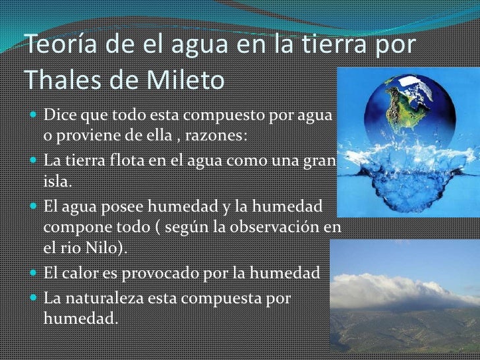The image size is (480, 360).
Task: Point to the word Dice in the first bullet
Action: pyautogui.click(x=58, y=116)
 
